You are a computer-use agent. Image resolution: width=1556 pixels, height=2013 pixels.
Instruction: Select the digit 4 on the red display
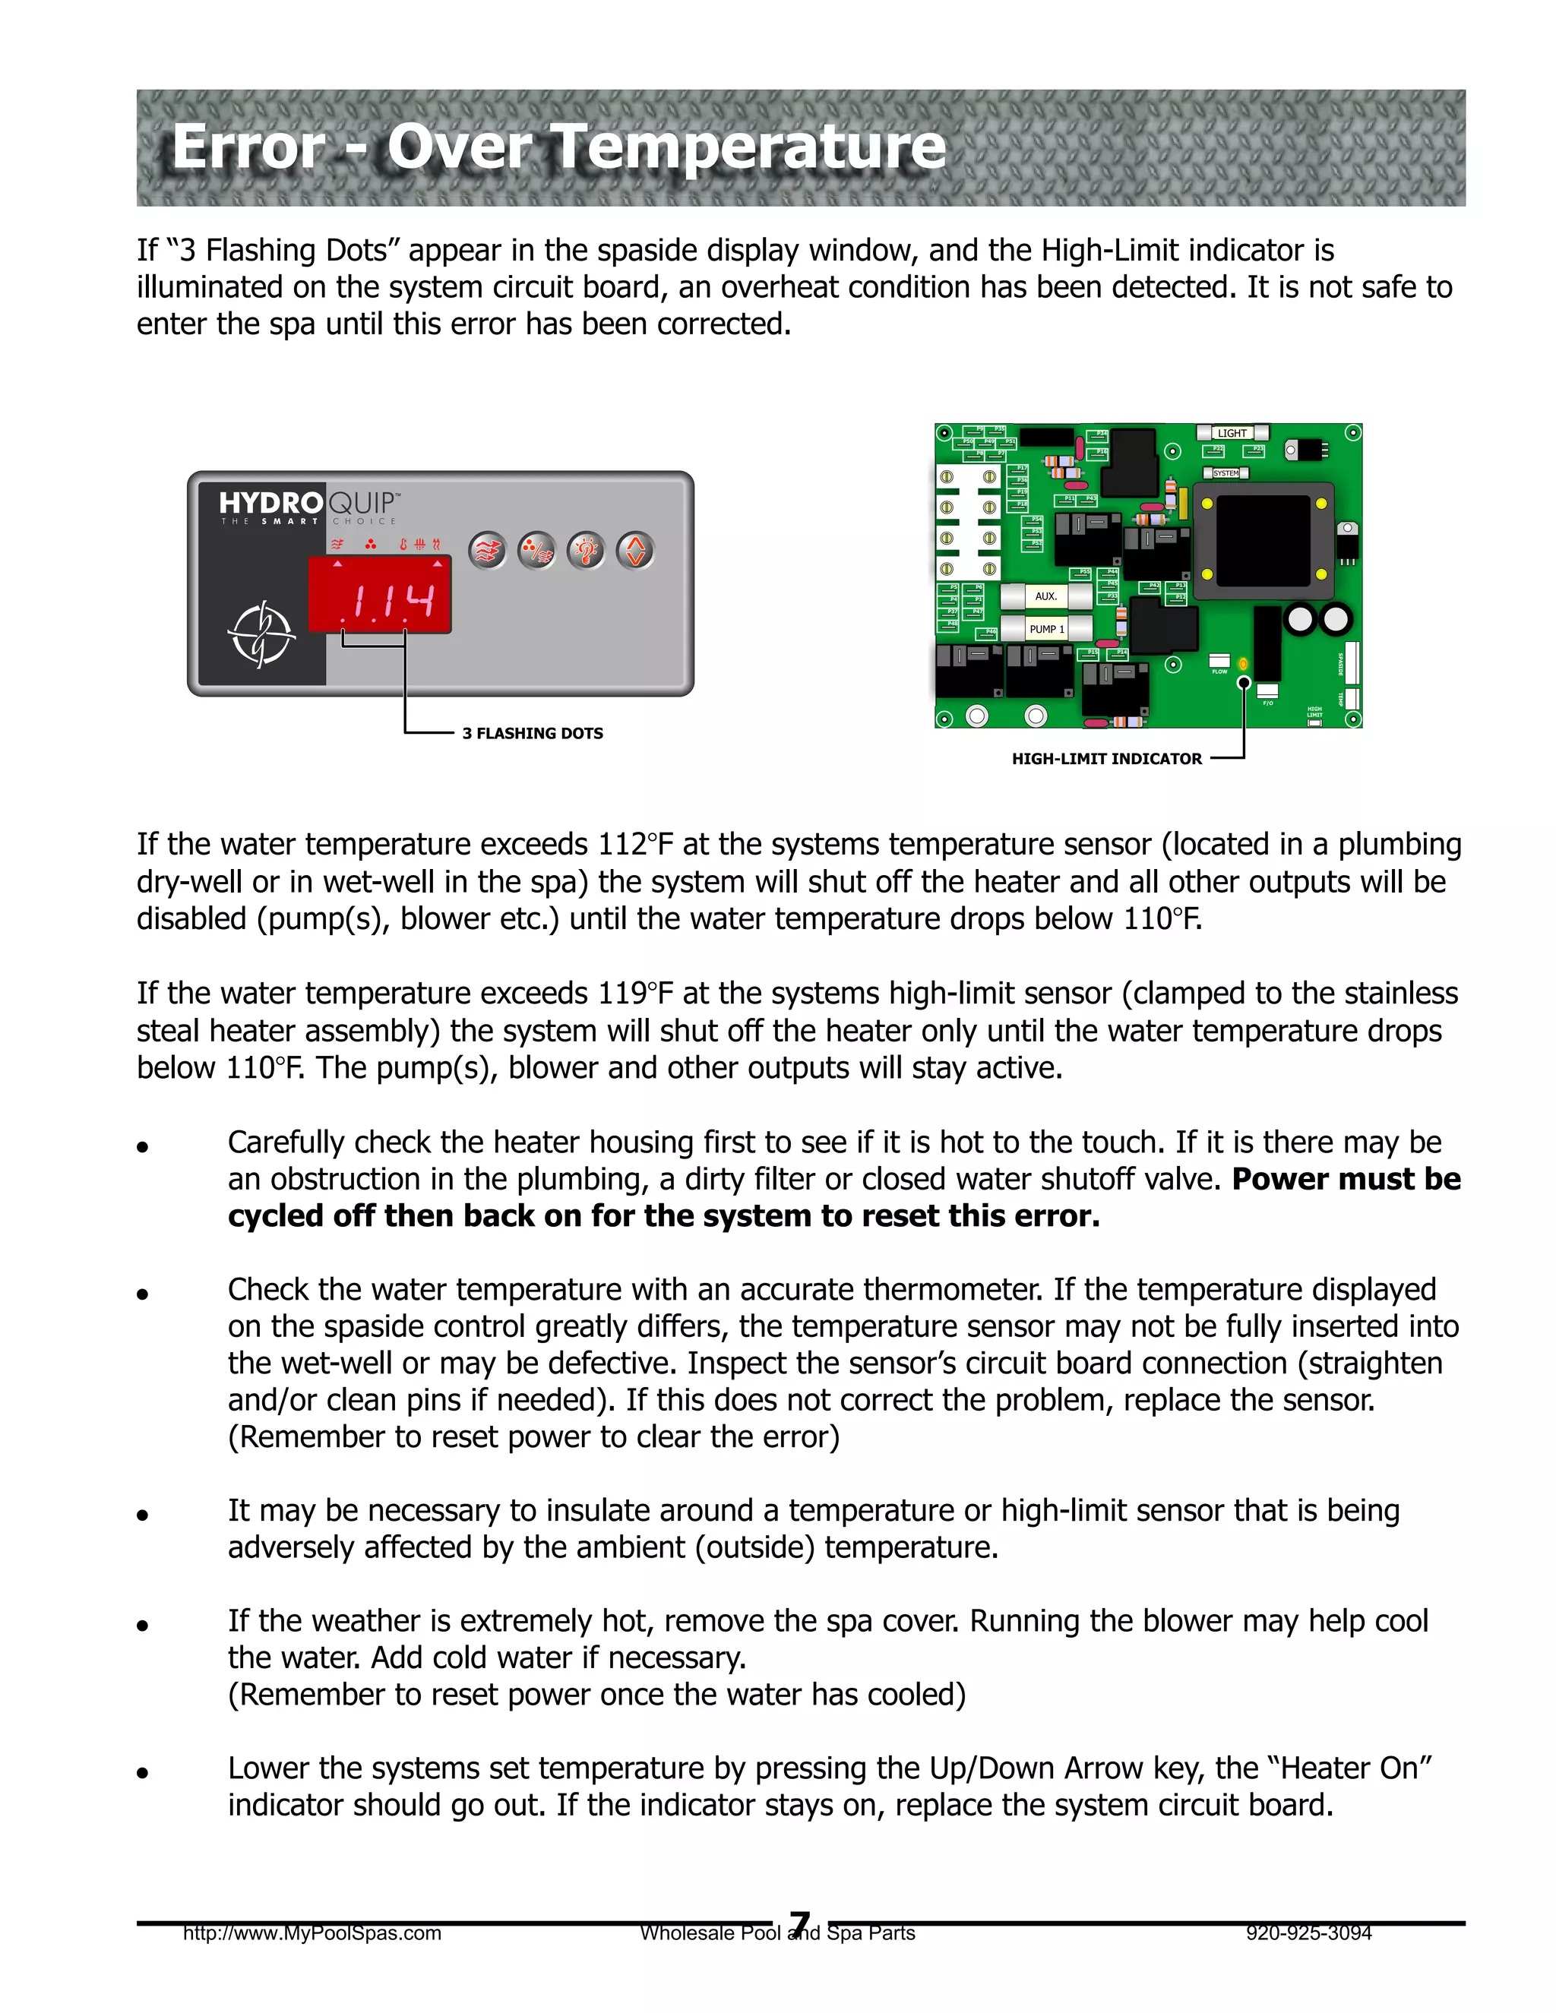[x=419, y=601]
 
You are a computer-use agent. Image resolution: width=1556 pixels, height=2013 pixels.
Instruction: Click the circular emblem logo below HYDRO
[x=261, y=634]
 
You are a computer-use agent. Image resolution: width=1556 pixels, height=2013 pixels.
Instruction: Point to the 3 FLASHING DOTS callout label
[x=532, y=734]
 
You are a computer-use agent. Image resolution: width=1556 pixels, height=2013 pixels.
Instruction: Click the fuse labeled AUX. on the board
[x=1045, y=596]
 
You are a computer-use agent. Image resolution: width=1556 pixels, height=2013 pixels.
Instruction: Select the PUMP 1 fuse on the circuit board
[x=1046, y=630]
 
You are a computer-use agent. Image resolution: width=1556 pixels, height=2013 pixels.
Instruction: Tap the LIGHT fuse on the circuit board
[x=1232, y=433]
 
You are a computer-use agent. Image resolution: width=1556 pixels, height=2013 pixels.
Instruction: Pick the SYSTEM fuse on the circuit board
[x=1226, y=472]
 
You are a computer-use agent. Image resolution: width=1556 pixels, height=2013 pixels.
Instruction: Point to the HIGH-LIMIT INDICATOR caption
[x=1106, y=760]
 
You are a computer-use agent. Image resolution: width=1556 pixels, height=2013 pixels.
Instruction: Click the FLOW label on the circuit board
[x=1219, y=672]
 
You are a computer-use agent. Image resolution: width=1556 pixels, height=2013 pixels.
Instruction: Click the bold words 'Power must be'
[x=1346, y=1180]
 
